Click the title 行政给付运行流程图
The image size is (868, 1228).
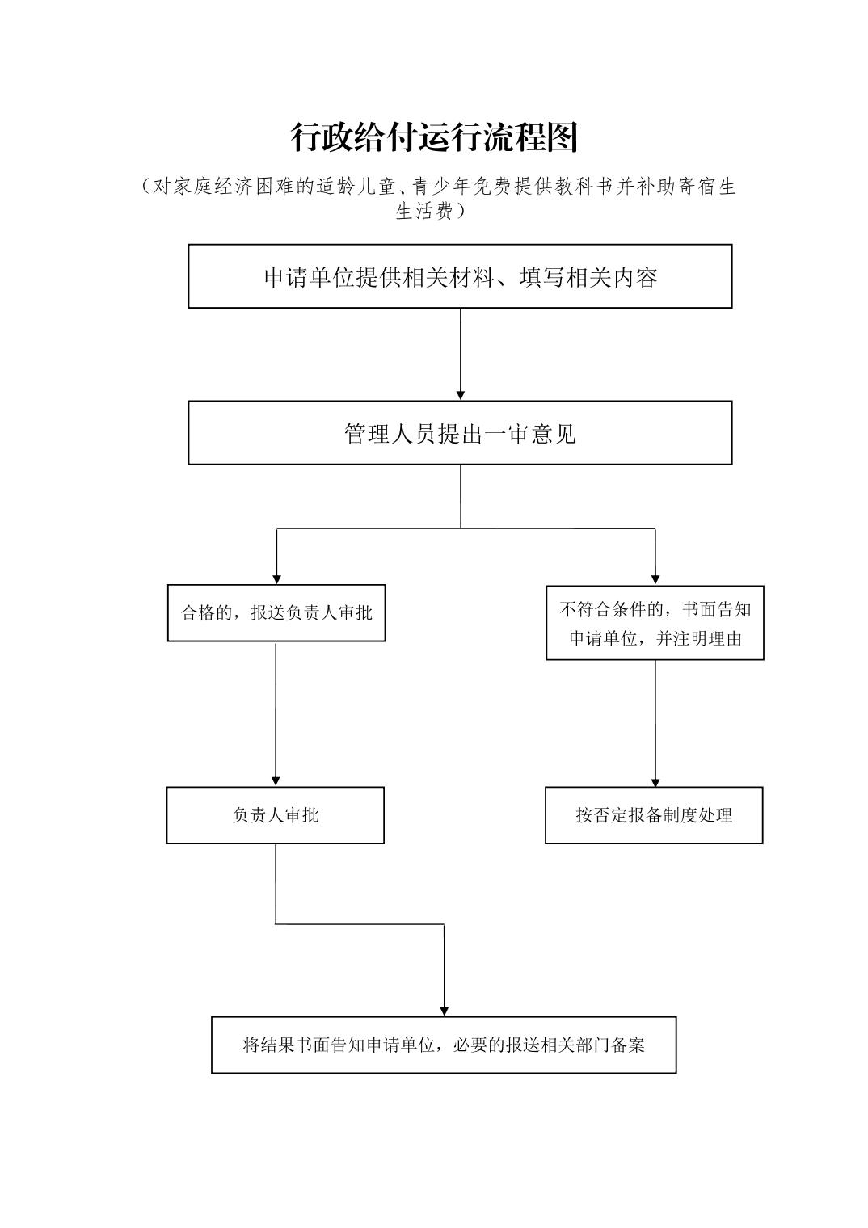(435, 138)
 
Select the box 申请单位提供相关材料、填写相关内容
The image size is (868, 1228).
(460, 276)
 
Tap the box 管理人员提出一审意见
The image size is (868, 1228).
(460, 433)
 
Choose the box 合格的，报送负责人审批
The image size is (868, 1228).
(276, 613)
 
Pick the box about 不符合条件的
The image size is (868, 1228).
(655, 623)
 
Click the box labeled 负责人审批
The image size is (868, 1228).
(276, 815)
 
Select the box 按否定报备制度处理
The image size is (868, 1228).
(654, 815)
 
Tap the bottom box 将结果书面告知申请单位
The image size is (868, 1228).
(444, 1045)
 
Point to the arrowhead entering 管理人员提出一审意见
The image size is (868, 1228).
(461, 394)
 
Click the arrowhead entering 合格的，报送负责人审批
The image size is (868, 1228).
(277, 578)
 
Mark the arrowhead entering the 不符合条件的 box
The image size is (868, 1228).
(655, 579)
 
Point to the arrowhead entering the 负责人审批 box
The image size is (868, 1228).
(276, 780)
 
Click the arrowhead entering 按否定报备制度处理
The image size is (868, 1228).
(655, 781)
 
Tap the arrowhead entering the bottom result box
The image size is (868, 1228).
(445, 1011)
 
